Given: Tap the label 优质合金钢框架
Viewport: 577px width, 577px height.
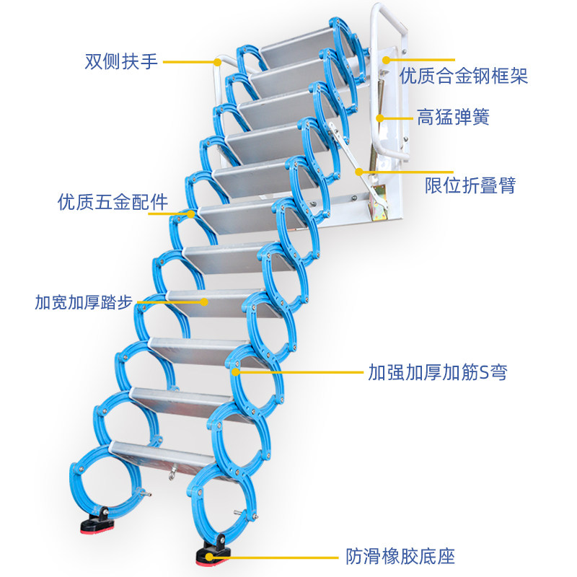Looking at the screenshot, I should [464, 76].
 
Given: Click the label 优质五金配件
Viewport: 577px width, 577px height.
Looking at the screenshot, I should [113, 202].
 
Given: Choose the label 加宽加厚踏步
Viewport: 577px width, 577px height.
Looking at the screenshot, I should [84, 301].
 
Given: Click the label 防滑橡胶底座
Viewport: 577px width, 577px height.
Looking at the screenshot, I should [400, 557].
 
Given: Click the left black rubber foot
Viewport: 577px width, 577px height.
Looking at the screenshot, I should [97, 521].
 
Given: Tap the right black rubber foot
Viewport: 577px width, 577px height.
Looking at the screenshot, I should [213, 553].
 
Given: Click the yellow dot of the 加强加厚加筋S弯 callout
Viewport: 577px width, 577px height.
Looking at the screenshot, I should [237, 372].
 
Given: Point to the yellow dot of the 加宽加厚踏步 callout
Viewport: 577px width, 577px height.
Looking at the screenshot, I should [205, 301].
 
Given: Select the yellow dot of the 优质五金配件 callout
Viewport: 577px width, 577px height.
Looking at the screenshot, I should [191, 213].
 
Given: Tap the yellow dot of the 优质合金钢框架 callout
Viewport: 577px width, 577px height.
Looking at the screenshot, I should [385, 61].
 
